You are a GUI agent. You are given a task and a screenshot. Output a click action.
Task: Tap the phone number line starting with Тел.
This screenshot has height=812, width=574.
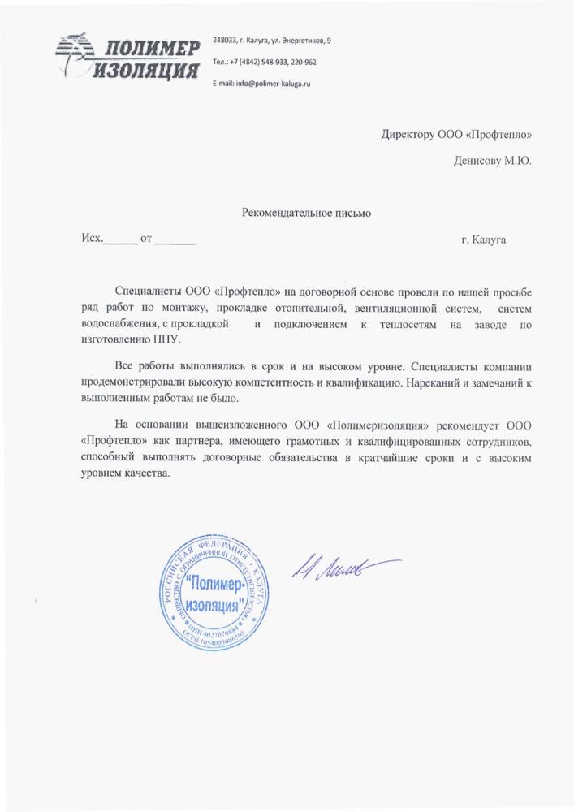(264, 62)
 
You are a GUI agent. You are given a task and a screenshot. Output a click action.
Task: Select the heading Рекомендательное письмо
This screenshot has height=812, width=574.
(306, 214)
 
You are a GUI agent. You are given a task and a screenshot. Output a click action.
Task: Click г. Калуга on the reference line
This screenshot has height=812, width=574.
(483, 240)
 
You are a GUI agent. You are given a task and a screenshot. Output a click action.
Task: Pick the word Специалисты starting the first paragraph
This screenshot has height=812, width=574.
(149, 290)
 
